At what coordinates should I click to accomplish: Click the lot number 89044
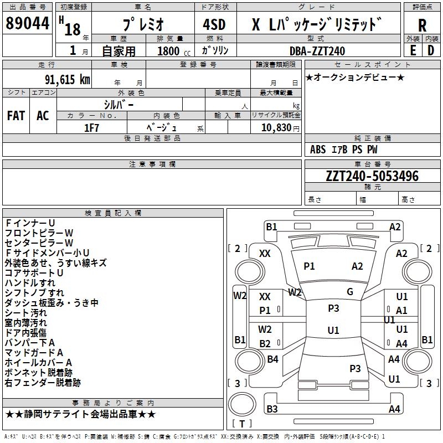click(x=27, y=24)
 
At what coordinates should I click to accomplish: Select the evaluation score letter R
click(x=422, y=25)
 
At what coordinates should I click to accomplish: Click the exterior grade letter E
click(x=413, y=50)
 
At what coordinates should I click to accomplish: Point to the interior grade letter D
click(x=431, y=50)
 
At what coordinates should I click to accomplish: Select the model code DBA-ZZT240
click(x=317, y=50)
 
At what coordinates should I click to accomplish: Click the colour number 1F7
click(x=91, y=127)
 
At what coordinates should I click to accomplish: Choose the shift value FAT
click(x=16, y=116)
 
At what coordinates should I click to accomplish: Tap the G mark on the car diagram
click(x=350, y=292)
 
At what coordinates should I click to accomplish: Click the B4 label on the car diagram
click(x=272, y=359)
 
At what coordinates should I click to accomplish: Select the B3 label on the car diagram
click(x=272, y=409)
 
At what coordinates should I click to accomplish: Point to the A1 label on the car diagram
click(x=402, y=311)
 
